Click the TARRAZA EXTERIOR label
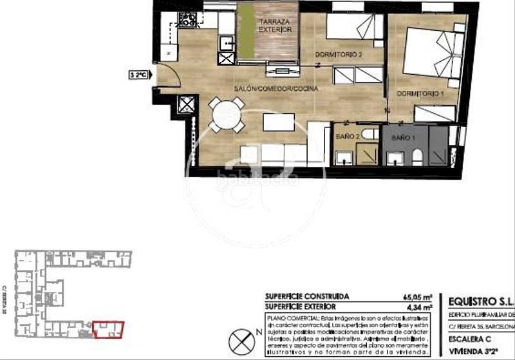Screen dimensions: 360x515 276,26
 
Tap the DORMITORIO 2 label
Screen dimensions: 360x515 339,55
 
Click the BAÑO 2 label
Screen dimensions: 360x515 347,137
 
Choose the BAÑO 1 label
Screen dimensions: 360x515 401,138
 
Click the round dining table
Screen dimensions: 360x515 227,115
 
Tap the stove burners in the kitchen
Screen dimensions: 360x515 187,21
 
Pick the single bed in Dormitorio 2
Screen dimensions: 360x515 352,27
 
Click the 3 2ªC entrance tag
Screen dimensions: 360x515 139,75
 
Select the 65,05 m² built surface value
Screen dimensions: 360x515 417,296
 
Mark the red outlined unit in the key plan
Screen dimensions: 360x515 108,330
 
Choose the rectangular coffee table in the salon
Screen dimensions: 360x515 278,122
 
